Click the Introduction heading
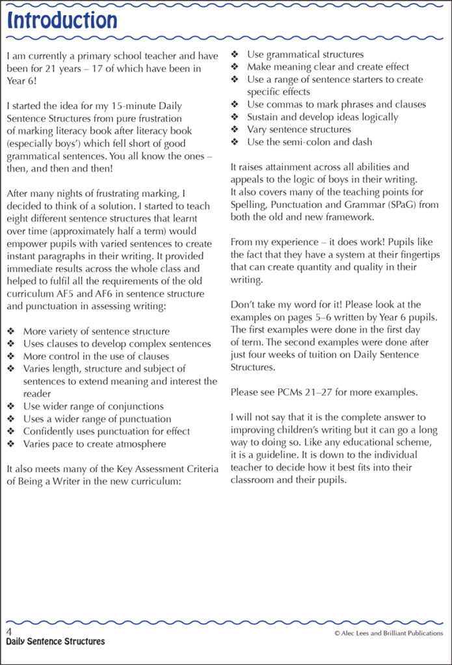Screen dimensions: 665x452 62,21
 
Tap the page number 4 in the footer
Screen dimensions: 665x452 9,631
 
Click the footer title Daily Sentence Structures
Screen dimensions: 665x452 55,642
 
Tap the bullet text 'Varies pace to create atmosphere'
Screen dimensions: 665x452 94,444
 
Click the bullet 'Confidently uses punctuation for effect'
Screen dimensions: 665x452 107,432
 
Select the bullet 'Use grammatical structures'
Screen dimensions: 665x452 305,55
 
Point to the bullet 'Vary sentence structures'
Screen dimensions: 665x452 299,130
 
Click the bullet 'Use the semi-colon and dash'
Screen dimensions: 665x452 310,142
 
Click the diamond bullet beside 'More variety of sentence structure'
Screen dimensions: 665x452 11,332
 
